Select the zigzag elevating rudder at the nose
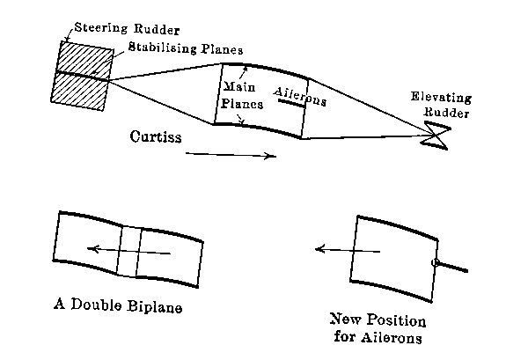coord(435,135)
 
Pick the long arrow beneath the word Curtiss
coord(231,155)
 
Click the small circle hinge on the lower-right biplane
coord(435,262)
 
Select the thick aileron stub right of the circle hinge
coord(453,266)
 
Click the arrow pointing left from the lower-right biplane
coord(348,251)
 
